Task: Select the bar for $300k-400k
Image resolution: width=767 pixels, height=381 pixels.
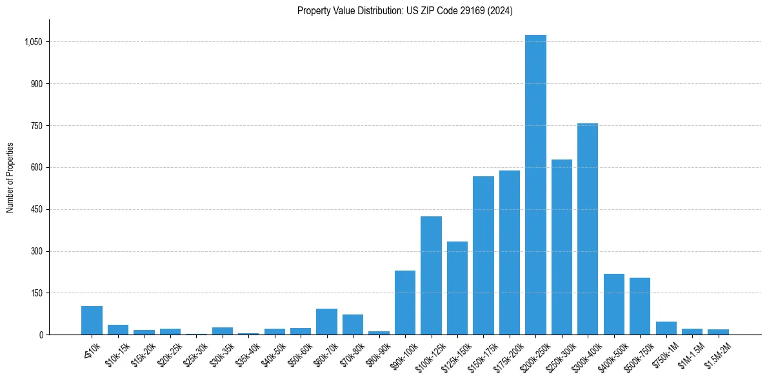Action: point(588,229)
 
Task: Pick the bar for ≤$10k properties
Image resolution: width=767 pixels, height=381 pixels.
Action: point(92,321)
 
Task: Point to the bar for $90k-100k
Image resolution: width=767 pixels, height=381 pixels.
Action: point(405,303)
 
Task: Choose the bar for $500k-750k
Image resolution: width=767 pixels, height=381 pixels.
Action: point(640,306)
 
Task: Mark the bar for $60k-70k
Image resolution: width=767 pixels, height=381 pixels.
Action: point(326,322)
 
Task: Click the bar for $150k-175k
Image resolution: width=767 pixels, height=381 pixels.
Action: point(483,256)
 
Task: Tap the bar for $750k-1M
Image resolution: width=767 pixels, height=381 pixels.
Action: point(666,328)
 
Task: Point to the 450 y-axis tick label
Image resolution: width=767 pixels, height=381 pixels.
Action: point(37,209)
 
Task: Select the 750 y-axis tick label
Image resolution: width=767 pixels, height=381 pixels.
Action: point(37,126)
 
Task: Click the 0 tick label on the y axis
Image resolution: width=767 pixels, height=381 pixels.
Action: point(41,335)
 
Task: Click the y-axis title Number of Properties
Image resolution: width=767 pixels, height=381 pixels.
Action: point(10,177)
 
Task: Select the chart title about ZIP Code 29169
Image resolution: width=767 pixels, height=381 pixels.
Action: point(405,11)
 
